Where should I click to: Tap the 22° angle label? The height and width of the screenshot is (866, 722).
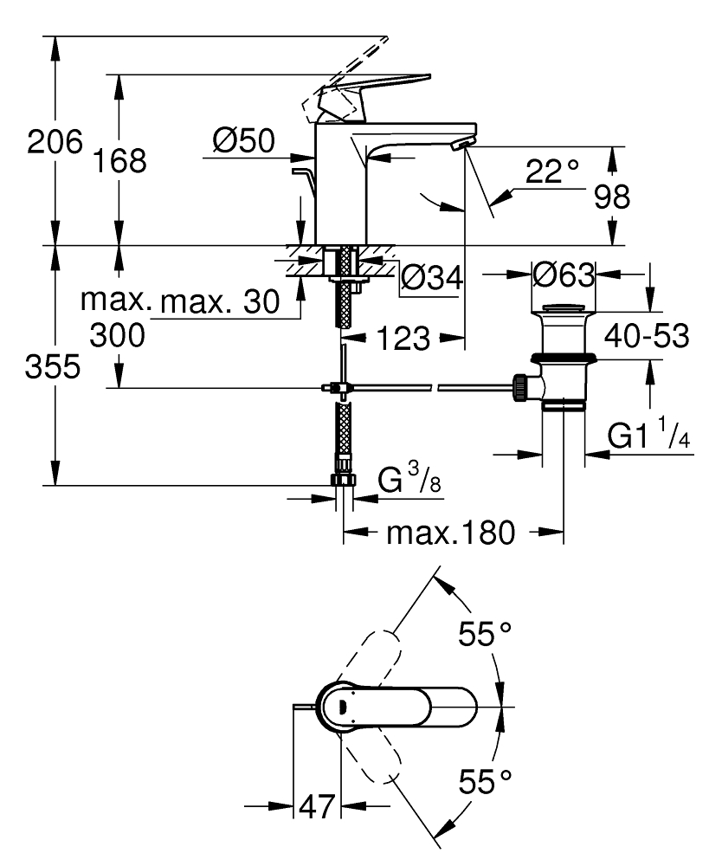pyautogui.click(x=551, y=171)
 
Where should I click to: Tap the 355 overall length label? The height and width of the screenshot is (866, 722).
pyautogui.click(x=52, y=367)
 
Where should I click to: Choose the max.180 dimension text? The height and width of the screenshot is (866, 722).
pyautogui.click(x=450, y=532)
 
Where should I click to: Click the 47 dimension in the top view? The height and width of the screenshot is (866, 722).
pyautogui.click(x=316, y=807)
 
